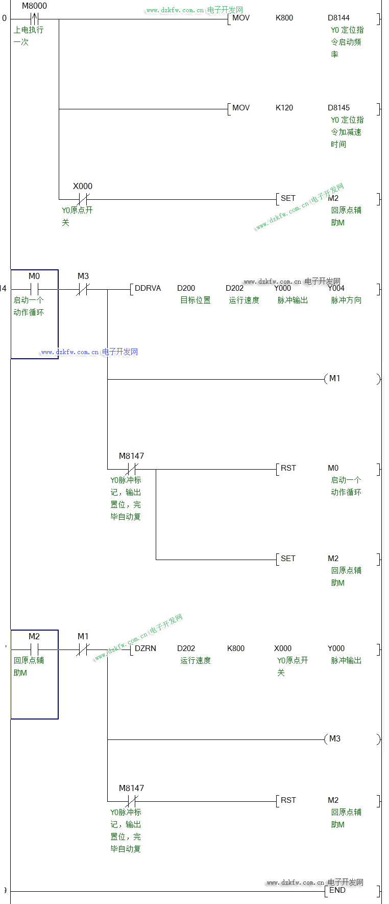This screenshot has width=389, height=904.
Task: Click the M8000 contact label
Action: pyautogui.click(x=34, y=6)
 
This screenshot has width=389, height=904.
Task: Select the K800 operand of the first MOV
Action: pyautogui.click(x=284, y=18)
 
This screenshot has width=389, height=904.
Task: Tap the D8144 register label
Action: pyautogui.click(x=338, y=18)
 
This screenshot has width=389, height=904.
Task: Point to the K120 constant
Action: pyautogui.click(x=284, y=108)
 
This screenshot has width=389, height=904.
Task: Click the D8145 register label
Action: pyautogui.click(x=338, y=108)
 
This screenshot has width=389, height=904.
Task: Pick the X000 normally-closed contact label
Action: pyautogui.click(x=83, y=187)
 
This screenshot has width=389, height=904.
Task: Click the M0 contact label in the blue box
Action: pyautogui.click(x=34, y=276)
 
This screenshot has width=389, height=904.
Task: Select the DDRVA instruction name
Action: pyautogui.click(x=148, y=288)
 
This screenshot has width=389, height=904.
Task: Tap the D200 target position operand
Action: pyautogui.click(x=186, y=288)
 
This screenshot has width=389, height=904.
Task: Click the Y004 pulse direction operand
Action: pyautogui.click(x=336, y=288)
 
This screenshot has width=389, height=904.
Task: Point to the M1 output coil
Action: pyautogui.click(x=335, y=379)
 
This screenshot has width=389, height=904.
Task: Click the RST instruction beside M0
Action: pyautogui.click(x=288, y=468)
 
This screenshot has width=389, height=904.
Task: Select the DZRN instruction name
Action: pyautogui.click(x=145, y=648)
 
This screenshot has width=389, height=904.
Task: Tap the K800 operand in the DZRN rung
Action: pyautogui.click(x=236, y=648)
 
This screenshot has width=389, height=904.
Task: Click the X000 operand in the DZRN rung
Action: pyautogui.click(x=283, y=648)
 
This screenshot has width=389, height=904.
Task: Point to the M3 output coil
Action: pyautogui.click(x=335, y=739)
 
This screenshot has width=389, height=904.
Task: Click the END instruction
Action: pyautogui.click(x=337, y=890)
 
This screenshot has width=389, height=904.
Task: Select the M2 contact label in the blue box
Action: pyautogui.click(x=34, y=637)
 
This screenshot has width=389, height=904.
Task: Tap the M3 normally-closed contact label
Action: pyautogui.click(x=83, y=276)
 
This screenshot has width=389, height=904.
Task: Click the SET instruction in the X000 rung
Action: pyautogui.click(x=288, y=198)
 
